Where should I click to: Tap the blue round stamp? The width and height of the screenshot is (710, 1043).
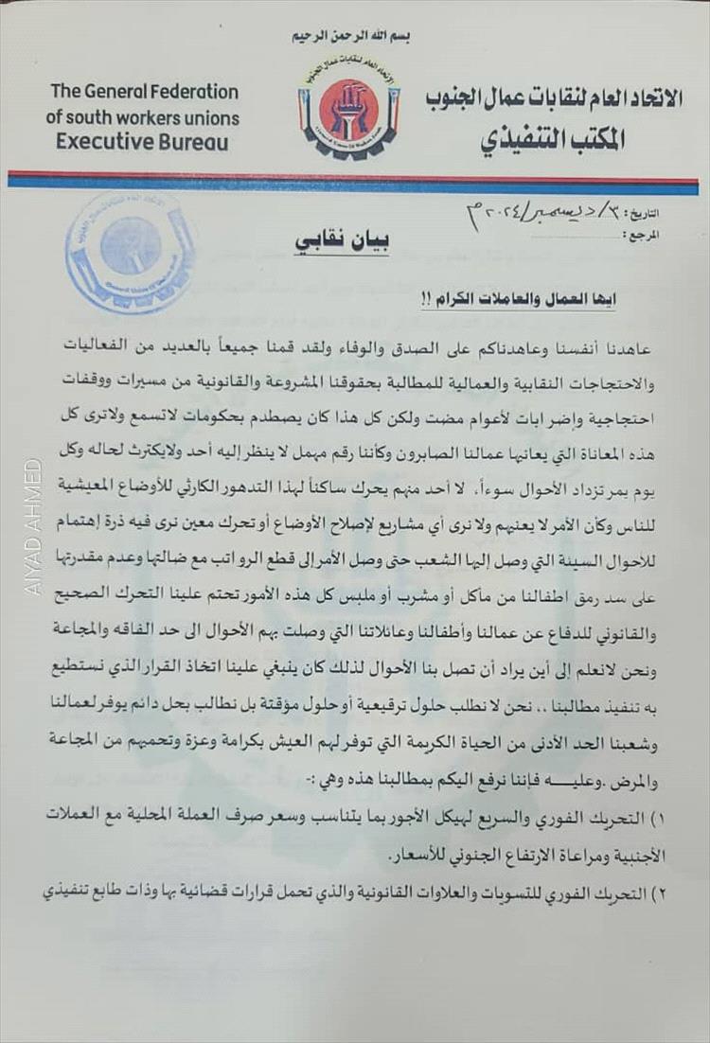[x=131, y=252]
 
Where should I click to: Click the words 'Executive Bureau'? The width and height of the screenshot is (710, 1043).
[x=142, y=143]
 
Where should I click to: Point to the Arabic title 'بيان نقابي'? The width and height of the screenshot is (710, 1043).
[x=342, y=241]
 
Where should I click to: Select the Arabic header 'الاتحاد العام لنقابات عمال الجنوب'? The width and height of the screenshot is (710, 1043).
[x=553, y=99]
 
